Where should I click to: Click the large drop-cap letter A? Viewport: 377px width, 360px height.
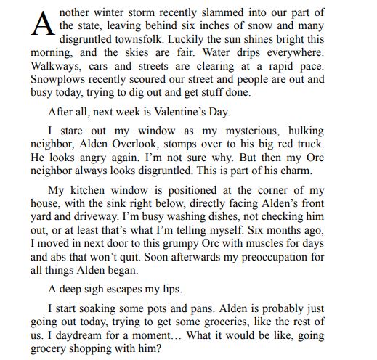tap(41, 23)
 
